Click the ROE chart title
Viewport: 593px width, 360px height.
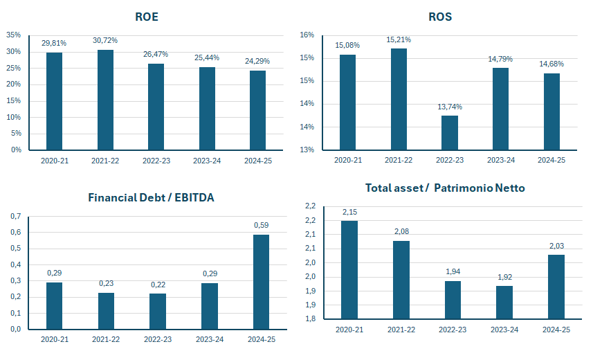tap(147, 17)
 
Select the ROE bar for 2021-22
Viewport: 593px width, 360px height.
tap(105, 100)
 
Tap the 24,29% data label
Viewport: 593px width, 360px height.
tap(257, 61)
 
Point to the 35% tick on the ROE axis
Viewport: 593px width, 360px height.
tap(14, 35)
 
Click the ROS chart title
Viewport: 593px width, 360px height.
tap(440, 17)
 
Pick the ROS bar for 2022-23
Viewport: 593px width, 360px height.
tap(450, 133)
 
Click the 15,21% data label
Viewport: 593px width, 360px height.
tap(399, 39)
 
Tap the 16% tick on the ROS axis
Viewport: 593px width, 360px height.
tap(307, 35)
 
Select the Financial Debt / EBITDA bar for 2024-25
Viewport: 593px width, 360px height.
tap(261, 282)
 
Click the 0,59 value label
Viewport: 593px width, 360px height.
tap(261, 225)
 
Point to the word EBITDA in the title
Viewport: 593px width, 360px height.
tap(194, 197)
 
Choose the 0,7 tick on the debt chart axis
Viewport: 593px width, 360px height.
tap(15, 216)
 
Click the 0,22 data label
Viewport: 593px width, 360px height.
tap(158, 285)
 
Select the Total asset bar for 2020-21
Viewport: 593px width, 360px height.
tap(349, 270)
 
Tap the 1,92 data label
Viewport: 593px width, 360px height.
tap(504, 277)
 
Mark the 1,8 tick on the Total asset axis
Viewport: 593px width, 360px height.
tap(310, 318)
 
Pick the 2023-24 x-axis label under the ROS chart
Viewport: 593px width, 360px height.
tap(501, 160)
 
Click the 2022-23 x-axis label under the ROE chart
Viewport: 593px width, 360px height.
tap(156, 161)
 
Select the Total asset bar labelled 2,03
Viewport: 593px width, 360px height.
tap(556, 287)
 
